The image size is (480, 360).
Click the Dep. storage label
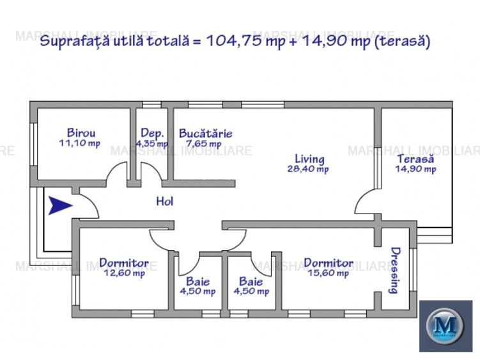(x=152, y=133)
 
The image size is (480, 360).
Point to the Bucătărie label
(x=205, y=134)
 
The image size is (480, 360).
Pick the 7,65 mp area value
(x=203, y=144)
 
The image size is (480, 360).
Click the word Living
(x=309, y=159)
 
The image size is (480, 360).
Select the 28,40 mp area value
(x=308, y=169)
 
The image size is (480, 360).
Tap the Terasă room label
(x=415, y=159)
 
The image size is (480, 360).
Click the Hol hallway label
(x=165, y=201)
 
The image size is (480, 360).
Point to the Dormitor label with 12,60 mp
(x=124, y=263)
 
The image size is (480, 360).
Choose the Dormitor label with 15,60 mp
(x=329, y=263)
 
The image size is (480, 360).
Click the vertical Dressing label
(x=395, y=270)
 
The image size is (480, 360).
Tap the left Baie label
(x=197, y=281)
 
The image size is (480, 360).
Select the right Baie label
(x=251, y=281)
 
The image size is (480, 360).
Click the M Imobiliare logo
(x=445, y=325)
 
